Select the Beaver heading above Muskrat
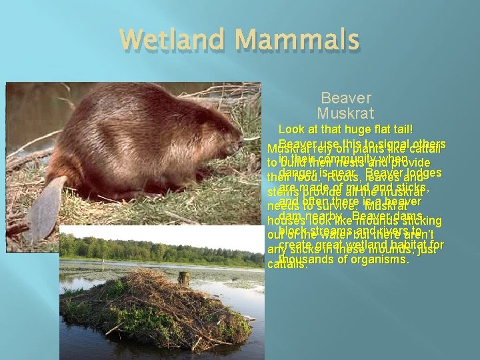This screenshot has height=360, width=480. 346,98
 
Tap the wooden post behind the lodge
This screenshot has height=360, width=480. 183,277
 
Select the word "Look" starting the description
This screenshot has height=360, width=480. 292,129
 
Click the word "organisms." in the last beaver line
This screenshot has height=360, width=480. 377,260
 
